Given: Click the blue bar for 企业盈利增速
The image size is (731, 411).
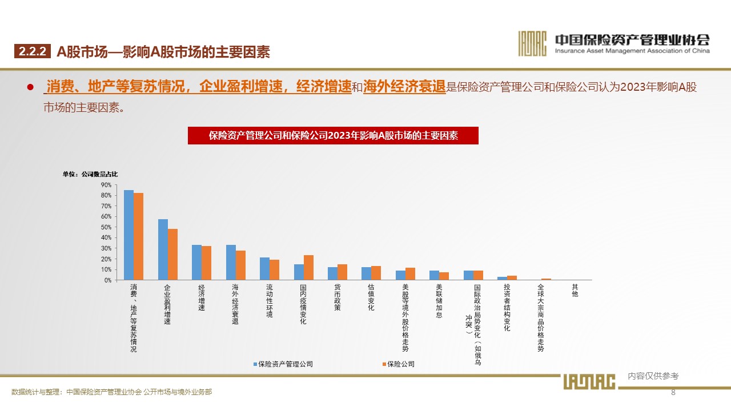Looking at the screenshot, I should pyautogui.click(x=163, y=249).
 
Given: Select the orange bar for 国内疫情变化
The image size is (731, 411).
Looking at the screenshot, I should pyautogui.click(x=308, y=268).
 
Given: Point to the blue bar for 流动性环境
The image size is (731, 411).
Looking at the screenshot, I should pyautogui.click(x=264, y=269).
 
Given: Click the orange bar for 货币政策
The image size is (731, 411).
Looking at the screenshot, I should pyautogui.click(x=342, y=272).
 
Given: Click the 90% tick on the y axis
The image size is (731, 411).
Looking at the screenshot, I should pyautogui.click(x=106, y=185).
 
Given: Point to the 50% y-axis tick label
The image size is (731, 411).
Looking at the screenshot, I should pyautogui.click(x=106, y=227).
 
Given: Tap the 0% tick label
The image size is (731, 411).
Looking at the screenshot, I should pyautogui.click(x=107, y=280).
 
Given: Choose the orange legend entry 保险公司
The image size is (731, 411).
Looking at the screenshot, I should pyautogui.click(x=400, y=364).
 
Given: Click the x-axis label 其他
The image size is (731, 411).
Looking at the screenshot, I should pyautogui.click(x=575, y=291).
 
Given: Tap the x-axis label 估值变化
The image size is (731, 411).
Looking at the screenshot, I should pyautogui.click(x=371, y=297).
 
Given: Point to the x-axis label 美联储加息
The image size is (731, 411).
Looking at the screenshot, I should pyautogui.click(x=439, y=301).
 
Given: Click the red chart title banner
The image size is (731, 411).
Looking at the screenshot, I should pyautogui.click(x=333, y=135).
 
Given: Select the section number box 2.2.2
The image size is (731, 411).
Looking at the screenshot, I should pyautogui.click(x=33, y=52).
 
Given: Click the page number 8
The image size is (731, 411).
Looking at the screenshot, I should pyautogui.click(x=673, y=392).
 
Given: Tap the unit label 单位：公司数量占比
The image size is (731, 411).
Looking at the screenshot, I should pyautogui.click(x=90, y=174).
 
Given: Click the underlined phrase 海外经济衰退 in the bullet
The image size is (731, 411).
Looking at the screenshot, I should pyautogui.click(x=404, y=87).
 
